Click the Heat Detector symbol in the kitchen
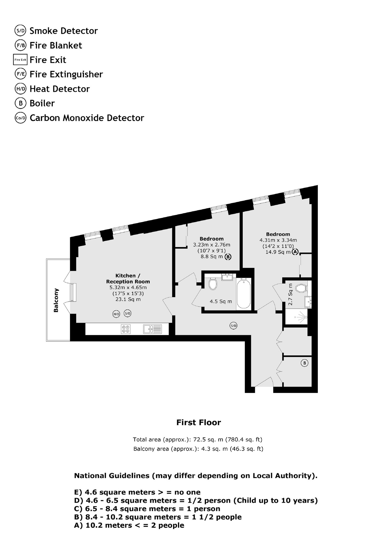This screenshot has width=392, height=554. tap(116, 314)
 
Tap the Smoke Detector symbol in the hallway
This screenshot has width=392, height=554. tap(234, 326)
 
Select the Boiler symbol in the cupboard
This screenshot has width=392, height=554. tap(304, 363)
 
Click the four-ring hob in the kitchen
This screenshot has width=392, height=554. tap(126, 329)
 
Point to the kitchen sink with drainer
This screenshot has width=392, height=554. tap(152, 329)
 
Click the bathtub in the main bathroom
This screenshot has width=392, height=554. tap(244, 293)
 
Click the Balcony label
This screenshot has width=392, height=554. tap(56, 300)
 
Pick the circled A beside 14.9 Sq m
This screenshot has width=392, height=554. tap(295, 252)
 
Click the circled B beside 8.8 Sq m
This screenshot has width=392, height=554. tap(228, 257)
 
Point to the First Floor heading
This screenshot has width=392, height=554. tap(198, 422)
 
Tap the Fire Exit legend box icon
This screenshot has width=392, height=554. tap(20, 60)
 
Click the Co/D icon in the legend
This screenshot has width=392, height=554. tap(21, 118)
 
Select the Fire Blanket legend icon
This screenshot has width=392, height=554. tap(21, 45)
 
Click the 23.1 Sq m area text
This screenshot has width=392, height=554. tap(128, 299)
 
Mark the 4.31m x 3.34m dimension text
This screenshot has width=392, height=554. tap(278, 240)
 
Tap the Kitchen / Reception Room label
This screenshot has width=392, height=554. tap(128, 279)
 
